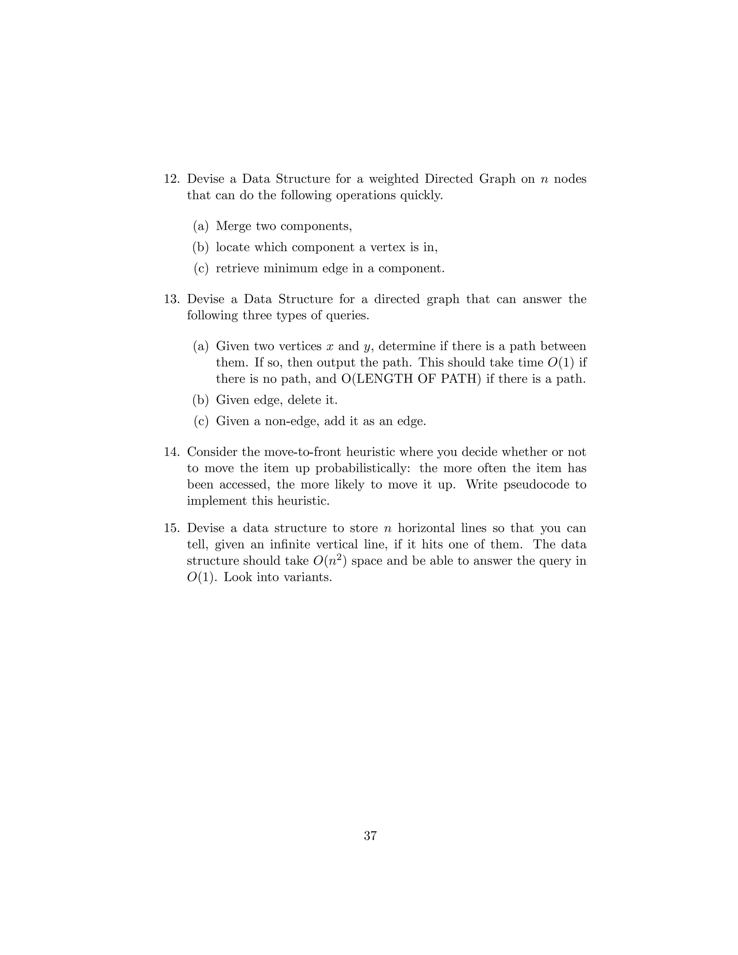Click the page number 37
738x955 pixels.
coord(370,836)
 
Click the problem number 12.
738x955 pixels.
coord(172,179)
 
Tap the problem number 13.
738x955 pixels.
coord(172,299)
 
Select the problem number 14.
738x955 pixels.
coord(172,452)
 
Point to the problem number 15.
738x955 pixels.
coord(172,528)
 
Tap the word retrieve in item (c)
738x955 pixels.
coord(237,268)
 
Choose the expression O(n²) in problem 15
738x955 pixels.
coord(330,561)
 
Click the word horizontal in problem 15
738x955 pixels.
coord(426,528)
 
